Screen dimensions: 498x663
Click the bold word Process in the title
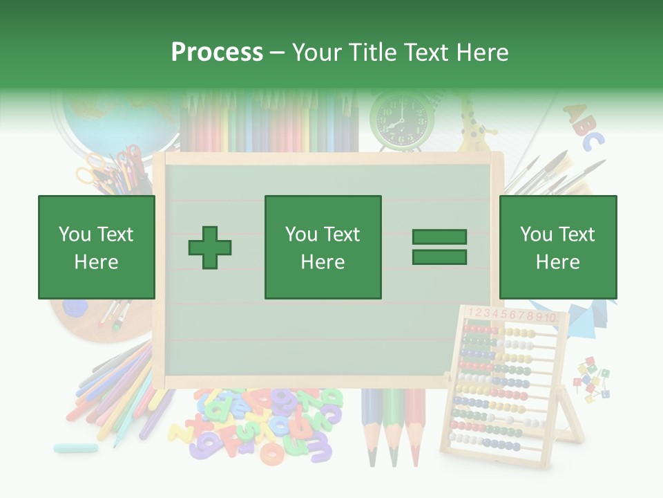pos(217,53)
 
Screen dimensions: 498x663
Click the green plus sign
pos(210,248)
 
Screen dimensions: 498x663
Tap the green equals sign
pos(439,247)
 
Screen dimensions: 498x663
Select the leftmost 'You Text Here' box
pos(97,248)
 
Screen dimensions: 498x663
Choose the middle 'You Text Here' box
pos(323,248)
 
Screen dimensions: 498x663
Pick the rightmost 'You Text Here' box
pos(557,248)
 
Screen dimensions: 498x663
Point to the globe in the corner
pos(117,118)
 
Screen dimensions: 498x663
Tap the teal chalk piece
pos(76,448)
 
